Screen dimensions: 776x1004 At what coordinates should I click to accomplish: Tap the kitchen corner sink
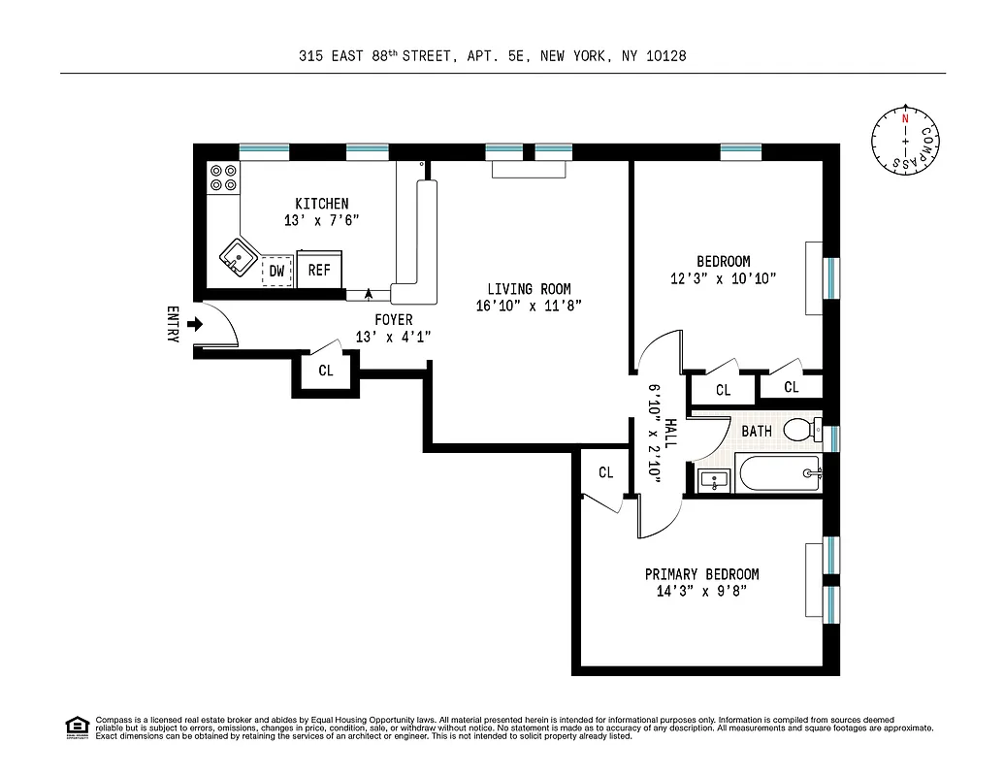236,258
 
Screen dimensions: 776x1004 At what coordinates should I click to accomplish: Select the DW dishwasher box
276,271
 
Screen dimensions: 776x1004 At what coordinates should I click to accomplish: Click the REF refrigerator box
319,271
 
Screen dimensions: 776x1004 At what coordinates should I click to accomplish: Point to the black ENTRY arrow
194,324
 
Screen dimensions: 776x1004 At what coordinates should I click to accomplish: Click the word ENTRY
173,324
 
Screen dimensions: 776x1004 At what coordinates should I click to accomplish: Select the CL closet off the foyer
326,371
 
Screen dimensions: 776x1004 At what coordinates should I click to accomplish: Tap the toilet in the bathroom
800,428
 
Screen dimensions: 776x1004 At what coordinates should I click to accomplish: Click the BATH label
756,431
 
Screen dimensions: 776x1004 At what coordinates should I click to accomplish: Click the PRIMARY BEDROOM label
701,574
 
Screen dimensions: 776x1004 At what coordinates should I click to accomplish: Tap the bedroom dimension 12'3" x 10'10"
723,278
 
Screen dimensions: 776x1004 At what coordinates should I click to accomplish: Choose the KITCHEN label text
321,204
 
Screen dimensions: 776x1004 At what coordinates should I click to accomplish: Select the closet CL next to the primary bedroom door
605,473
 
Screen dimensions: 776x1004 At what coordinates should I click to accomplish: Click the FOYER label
393,319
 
